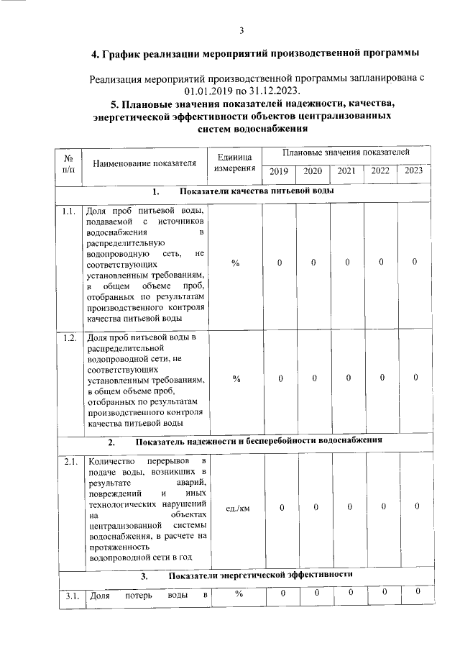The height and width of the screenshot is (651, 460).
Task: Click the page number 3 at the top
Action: pyautogui.click(x=242, y=29)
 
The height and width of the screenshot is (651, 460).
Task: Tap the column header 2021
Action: pyautogui.click(x=346, y=171)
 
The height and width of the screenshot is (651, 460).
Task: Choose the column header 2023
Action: pyautogui.click(x=414, y=170)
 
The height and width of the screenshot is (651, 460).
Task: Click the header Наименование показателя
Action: pyautogui.click(x=144, y=163)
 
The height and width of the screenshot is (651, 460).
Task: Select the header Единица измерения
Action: pyautogui.click(x=235, y=163)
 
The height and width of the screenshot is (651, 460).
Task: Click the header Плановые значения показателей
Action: pyautogui.click(x=346, y=152)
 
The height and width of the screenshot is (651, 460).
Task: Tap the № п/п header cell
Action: pyautogui.click(x=70, y=163)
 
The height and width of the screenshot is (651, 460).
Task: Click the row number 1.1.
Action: pyautogui.click(x=69, y=211)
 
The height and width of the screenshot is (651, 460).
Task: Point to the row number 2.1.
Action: pyautogui.click(x=69, y=462)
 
